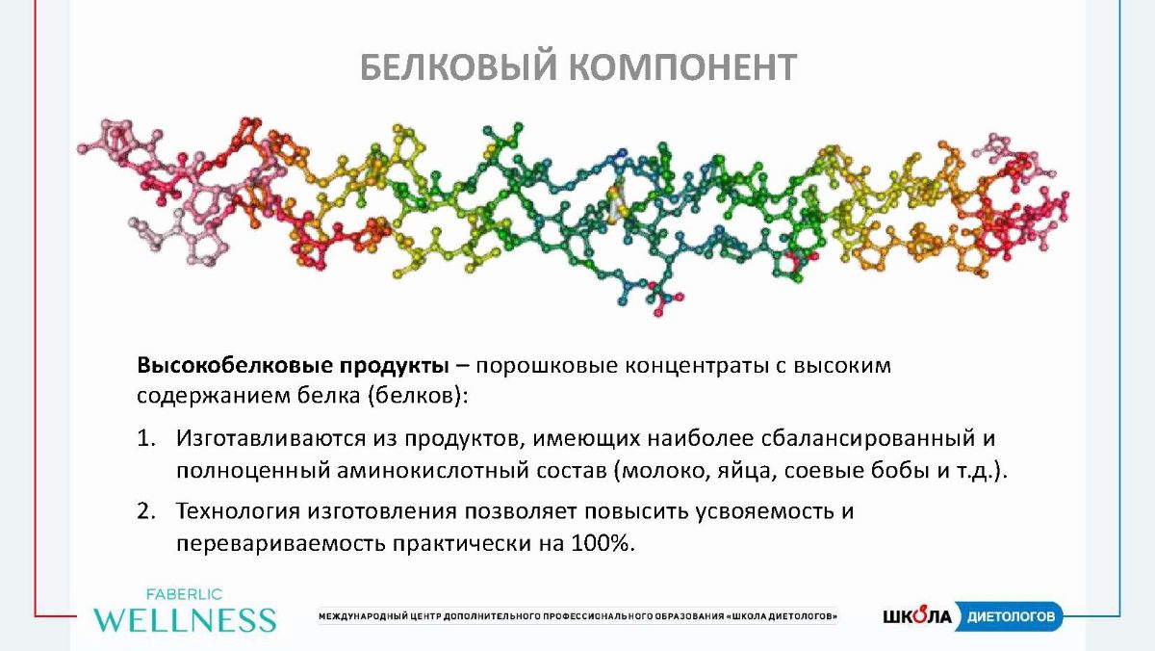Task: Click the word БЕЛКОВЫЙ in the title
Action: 458,67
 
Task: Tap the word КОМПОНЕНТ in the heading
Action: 683,67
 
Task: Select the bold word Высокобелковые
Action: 235,365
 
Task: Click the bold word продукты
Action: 395,367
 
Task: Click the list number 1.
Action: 146,438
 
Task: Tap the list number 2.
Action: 146,511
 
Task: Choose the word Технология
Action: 238,511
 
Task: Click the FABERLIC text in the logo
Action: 184,595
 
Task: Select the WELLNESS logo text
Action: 185,619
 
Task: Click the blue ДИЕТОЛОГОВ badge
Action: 1009,616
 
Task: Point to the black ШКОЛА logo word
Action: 916,616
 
